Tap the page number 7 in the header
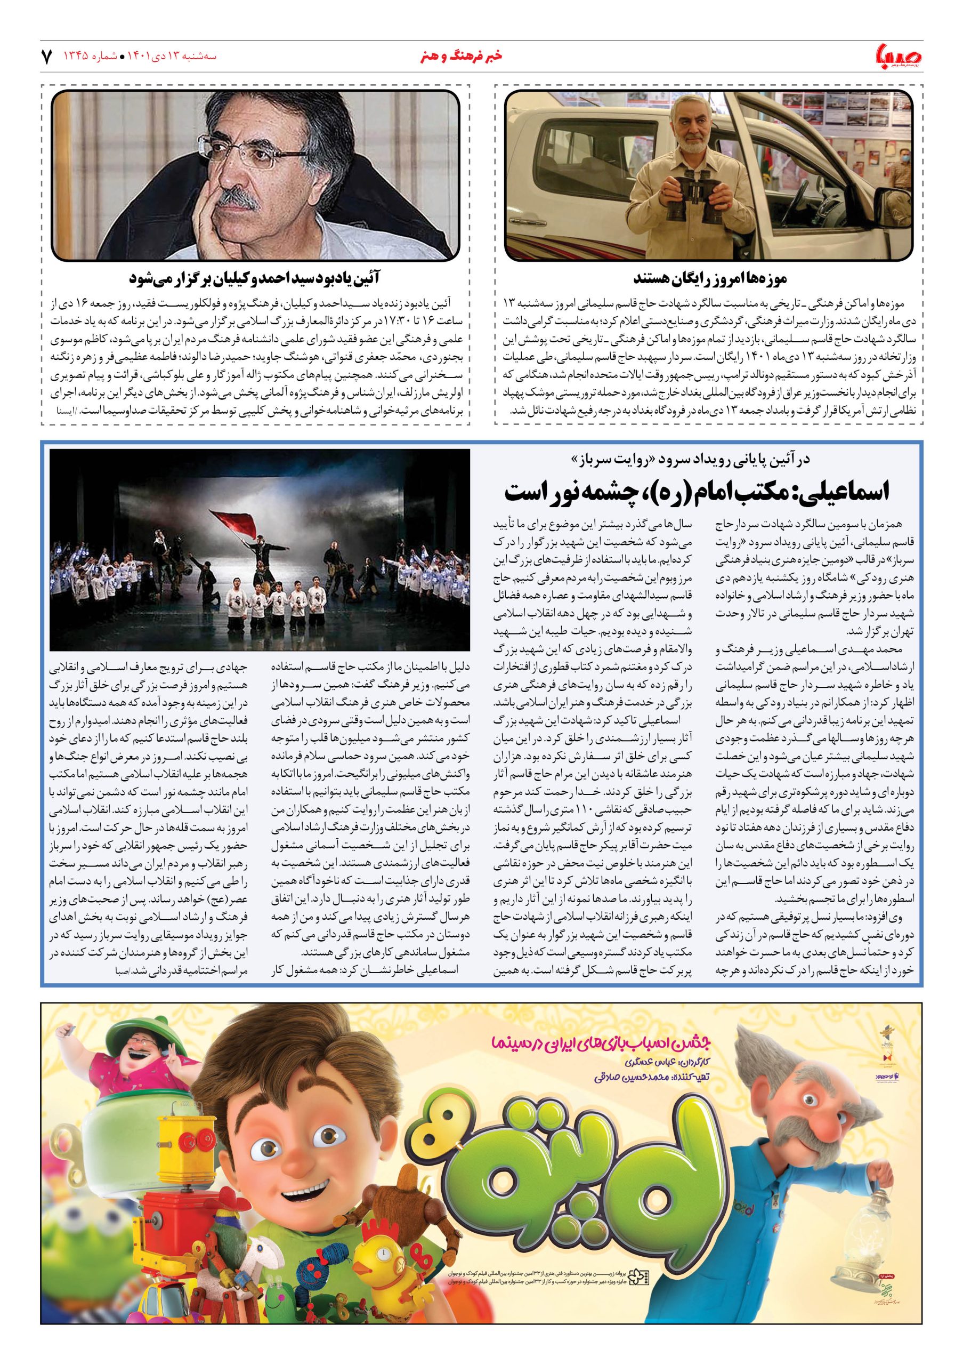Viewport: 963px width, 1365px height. click(x=47, y=58)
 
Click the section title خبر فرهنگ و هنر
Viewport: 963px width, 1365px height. click(x=460, y=57)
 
